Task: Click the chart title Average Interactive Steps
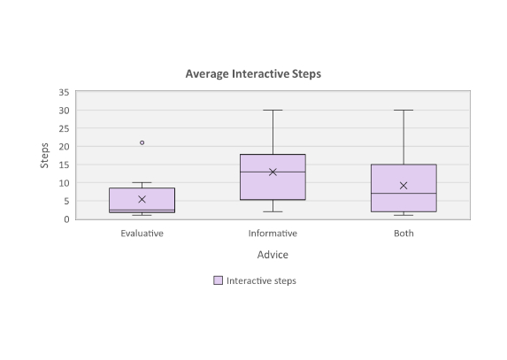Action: pos(253,74)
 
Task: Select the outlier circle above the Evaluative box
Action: pos(142,142)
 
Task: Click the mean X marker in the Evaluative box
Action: pos(142,199)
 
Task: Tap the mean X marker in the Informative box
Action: pos(273,172)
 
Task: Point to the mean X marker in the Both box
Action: pos(403,186)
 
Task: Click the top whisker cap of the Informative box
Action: pos(273,111)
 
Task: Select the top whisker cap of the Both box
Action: pos(403,111)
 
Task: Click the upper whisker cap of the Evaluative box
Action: pos(142,182)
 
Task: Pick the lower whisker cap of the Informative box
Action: pos(273,211)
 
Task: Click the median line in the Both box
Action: pos(403,193)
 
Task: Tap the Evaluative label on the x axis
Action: pos(142,234)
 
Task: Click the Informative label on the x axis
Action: pos(273,234)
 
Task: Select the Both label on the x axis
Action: pos(403,234)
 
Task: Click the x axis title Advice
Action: pos(273,255)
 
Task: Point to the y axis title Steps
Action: pos(44,156)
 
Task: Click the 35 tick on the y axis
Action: pos(64,92)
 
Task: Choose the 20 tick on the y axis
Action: pos(64,147)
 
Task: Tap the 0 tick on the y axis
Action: pos(66,219)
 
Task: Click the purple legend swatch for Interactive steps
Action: pos(219,280)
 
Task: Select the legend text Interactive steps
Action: pos(261,280)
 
